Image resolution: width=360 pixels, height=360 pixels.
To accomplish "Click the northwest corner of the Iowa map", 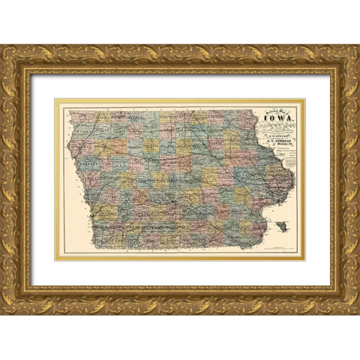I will pos(70,111).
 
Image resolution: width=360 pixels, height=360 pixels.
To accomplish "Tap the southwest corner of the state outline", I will pos(95,247).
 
